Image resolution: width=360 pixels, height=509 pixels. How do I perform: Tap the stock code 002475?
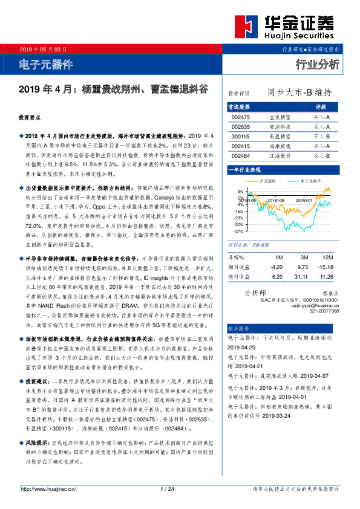tap(240, 117)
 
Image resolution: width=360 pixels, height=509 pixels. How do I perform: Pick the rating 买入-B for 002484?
tap(321, 155)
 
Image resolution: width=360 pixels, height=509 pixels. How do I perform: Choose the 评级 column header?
tap(321, 106)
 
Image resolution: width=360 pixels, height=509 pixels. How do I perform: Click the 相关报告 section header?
tap(238, 327)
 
